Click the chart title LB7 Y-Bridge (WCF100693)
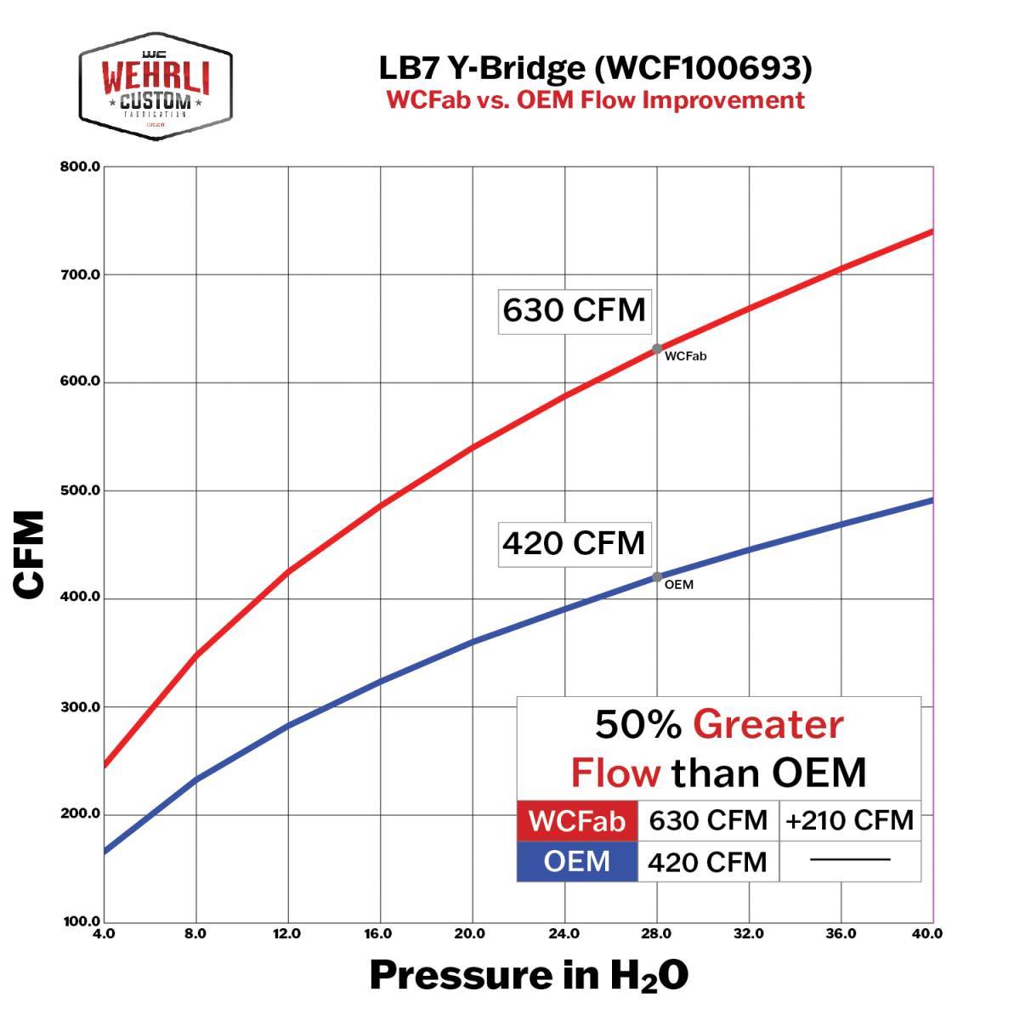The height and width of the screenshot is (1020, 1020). pyautogui.click(x=595, y=69)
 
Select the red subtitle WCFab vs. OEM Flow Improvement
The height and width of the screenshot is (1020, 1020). pyautogui.click(x=595, y=100)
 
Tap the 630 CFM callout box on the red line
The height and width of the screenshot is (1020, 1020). pyautogui.click(x=574, y=309)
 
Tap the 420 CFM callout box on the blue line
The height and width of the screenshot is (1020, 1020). pyautogui.click(x=574, y=542)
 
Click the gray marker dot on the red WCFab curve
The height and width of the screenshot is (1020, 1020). pyautogui.click(x=657, y=348)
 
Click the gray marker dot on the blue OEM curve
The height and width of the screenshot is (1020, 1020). pyautogui.click(x=657, y=577)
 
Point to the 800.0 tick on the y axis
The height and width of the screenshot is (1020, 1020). pyautogui.click(x=81, y=167)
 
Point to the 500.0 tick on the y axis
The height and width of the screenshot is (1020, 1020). pyautogui.click(x=81, y=490)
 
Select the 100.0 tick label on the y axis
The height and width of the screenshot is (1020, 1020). pyautogui.click(x=81, y=921)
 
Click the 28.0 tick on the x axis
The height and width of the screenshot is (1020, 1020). pyautogui.click(x=656, y=934)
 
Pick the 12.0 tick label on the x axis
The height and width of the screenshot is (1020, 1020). pyautogui.click(x=287, y=934)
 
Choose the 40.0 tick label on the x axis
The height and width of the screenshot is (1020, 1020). pyautogui.click(x=926, y=934)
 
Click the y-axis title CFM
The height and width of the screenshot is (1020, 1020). pyautogui.click(x=29, y=554)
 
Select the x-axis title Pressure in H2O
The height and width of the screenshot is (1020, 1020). pyautogui.click(x=529, y=976)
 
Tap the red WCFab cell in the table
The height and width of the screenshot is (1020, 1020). pyautogui.click(x=577, y=821)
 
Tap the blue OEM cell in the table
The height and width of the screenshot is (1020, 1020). pyautogui.click(x=577, y=861)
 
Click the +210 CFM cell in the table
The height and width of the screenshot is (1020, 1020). pyautogui.click(x=850, y=820)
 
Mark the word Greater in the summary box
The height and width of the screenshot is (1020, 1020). pyautogui.click(x=768, y=725)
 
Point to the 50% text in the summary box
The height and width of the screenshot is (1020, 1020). pyautogui.click(x=637, y=725)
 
